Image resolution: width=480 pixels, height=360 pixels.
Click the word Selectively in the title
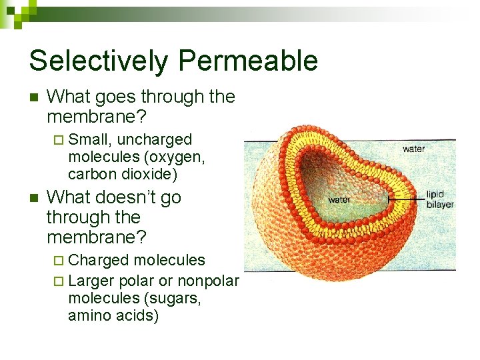96,61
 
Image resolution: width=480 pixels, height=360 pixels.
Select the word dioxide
147,175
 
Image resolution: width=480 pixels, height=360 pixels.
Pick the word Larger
91,281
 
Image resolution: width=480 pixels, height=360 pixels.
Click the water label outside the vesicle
413,149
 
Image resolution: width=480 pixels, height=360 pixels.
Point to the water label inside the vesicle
339,199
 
